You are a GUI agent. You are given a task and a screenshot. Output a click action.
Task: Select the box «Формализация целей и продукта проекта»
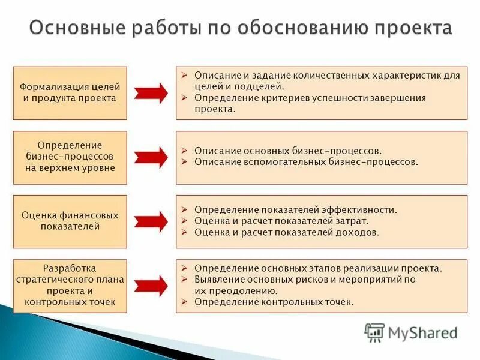pos(70,93)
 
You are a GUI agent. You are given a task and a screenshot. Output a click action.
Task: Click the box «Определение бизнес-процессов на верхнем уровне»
pos(70,157)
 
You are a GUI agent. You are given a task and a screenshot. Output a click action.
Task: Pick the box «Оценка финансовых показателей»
pos(70,221)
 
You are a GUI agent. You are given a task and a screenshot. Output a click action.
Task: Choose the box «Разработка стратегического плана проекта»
pos(70,286)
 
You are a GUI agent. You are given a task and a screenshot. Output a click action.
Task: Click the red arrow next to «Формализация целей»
pos(151,93)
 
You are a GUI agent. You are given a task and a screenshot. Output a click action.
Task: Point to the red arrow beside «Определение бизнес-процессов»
pos(151,157)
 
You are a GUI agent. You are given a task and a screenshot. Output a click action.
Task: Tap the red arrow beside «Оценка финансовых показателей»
pos(151,221)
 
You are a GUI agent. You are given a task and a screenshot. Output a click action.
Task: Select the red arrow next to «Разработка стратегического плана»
pos(151,286)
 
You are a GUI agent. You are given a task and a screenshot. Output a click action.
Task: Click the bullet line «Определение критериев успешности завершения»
pos(310,98)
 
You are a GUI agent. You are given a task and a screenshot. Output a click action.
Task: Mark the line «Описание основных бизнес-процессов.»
pos(288,151)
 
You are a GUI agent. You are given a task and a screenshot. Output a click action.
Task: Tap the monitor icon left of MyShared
pos(374,332)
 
